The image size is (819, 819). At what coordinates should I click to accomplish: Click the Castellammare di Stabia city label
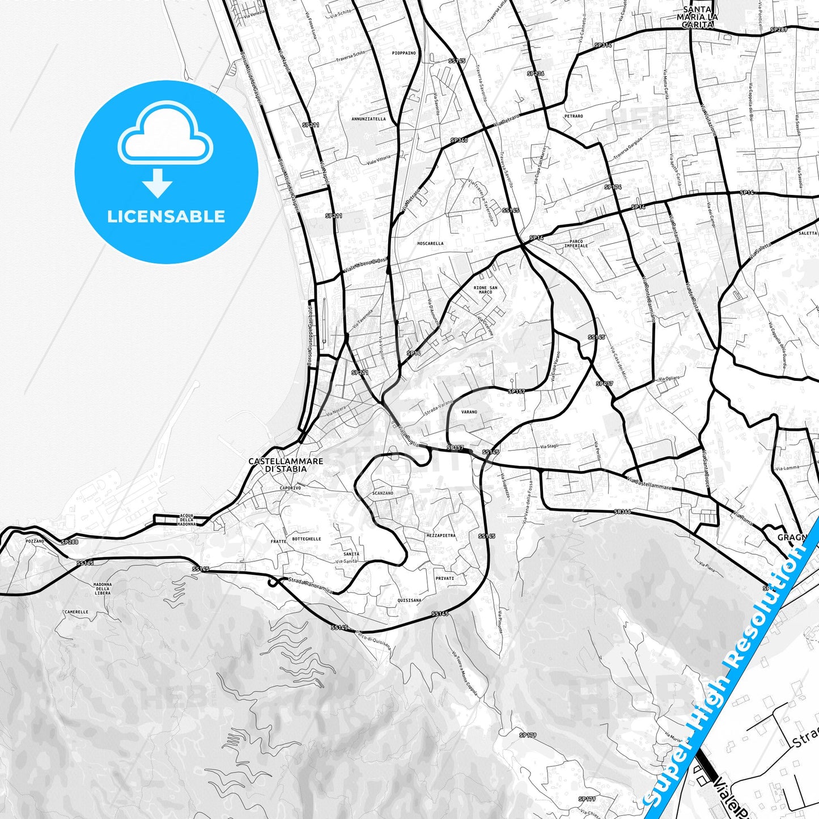pos(286,465)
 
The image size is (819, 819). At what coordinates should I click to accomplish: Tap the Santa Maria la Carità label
pos(697,17)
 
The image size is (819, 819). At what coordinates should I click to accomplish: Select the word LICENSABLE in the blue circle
pos(166,217)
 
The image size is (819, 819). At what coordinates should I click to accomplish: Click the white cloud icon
pos(165,134)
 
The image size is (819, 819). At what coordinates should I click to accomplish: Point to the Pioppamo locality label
pos(404,53)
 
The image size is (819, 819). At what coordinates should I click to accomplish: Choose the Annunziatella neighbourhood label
pos(368,119)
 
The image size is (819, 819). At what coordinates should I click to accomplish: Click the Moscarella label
pos(430,244)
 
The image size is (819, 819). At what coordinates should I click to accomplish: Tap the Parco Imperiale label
pos(576,244)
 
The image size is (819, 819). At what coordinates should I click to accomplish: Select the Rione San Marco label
pos(485,290)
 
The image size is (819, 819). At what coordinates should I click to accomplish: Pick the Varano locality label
pos(469,412)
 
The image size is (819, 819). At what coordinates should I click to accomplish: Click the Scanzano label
pos(383,493)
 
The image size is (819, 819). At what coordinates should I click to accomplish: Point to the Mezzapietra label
pos(441,536)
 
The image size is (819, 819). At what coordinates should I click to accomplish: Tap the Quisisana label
pos(409,600)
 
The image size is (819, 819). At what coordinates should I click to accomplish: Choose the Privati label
pos(445,578)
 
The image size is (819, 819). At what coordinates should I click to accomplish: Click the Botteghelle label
pos(306,539)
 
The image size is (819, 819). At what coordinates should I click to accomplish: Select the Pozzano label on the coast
pos(35,541)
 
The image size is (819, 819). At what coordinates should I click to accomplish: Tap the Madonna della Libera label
pos(103,588)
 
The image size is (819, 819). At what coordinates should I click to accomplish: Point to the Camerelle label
pos(77,612)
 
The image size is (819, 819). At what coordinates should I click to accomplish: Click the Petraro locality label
pos(574,116)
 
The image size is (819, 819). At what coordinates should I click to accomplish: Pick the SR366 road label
pos(622,512)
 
